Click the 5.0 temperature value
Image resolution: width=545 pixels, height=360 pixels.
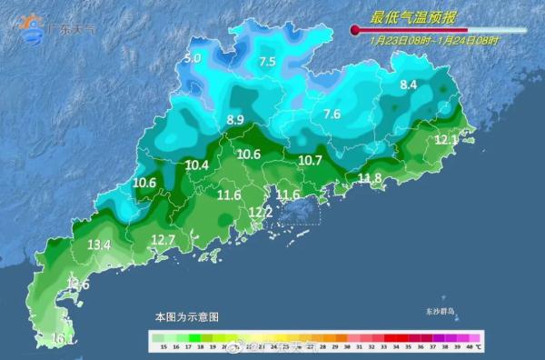point(193,59)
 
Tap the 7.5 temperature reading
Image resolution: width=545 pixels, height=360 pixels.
point(267,62)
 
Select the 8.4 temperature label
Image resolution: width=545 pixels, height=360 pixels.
point(409,85)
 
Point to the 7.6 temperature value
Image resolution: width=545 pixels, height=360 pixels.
point(332,115)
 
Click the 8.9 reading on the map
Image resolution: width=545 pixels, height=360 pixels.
point(235,120)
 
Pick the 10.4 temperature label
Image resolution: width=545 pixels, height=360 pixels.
point(197,165)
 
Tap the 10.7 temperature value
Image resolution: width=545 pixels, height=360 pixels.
point(311,160)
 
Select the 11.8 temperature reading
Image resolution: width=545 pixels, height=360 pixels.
point(370,177)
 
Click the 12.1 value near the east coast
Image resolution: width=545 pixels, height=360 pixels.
point(446,140)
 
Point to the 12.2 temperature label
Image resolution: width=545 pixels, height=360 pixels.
point(260,212)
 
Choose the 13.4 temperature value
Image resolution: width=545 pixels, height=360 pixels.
point(99,245)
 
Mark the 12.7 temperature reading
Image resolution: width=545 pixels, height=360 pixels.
point(163,240)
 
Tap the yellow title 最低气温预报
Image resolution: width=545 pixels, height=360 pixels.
point(409,17)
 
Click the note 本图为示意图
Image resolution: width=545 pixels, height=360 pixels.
point(186,317)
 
